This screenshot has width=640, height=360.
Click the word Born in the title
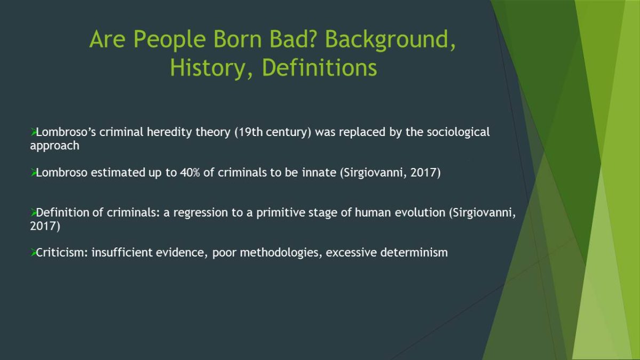coord(237,39)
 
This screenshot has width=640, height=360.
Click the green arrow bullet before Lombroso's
coord(34,132)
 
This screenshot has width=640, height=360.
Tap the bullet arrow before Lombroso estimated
coord(34,172)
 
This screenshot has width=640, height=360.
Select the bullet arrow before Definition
coord(34,212)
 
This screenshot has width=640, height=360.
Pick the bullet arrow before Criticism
coord(34,252)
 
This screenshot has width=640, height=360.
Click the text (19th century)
coord(273,132)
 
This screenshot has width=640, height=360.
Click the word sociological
coord(458,132)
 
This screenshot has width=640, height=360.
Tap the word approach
coord(54,146)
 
